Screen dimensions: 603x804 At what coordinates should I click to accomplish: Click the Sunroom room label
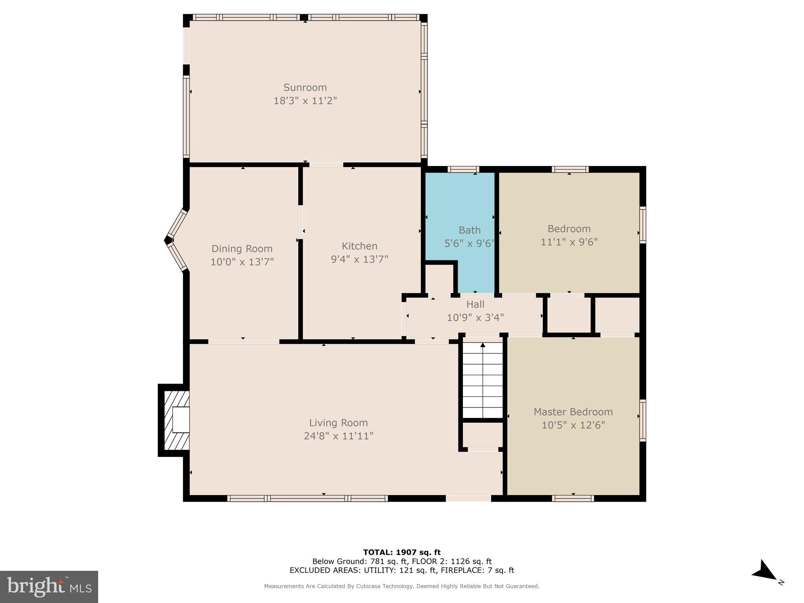tap(305, 87)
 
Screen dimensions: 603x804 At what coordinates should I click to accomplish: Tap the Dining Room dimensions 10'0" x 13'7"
tap(242, 262)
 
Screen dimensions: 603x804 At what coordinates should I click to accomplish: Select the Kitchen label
tap(359, 246)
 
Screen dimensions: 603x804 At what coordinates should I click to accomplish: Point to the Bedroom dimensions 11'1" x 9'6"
tap(569, 242)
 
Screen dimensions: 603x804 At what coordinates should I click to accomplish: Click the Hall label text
tap(475, 304)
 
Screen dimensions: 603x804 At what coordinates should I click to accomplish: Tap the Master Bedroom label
tap(573, 412)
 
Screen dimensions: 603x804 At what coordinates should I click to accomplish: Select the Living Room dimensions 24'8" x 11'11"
tap(338, 436)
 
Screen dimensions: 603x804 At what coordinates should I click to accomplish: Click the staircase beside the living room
tap(482, 381)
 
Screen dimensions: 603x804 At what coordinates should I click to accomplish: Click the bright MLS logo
tap(49, 587)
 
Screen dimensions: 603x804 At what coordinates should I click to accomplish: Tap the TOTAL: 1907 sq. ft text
tap(402, 552)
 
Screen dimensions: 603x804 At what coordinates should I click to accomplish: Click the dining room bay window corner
tap(168, 240)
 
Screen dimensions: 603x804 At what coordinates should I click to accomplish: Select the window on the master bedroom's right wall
tap(642, 420)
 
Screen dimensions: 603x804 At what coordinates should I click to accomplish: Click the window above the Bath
tap(463, 170)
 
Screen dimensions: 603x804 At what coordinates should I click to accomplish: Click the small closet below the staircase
tap(482, 435)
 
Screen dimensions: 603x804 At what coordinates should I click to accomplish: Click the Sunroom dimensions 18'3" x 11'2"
tap(305, 101)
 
